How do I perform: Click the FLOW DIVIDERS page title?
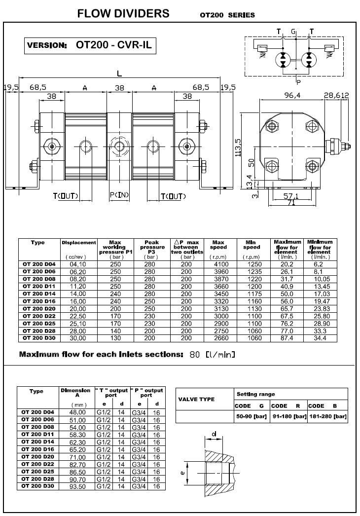point(123,13)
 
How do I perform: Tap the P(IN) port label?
point(119,195)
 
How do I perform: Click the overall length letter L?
point(120,74)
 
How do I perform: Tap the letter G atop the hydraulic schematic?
point(294,32)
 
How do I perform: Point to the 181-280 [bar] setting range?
point(328,417)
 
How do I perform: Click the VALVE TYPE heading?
point(196,400)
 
